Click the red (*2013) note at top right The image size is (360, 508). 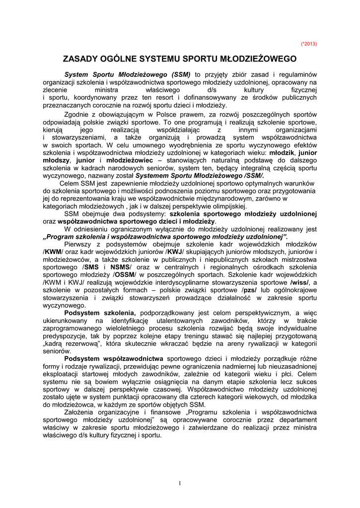click(x=309, y=44)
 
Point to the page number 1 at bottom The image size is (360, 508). click(x=180, y=483)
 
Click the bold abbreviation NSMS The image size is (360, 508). click(x=121, y=267)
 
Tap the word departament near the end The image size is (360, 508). click(x=296, y=420)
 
